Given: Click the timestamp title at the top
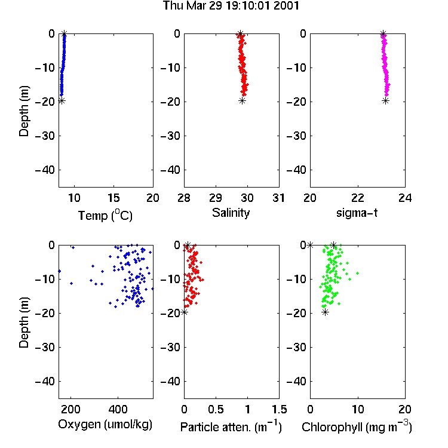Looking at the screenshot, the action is pos(231,6).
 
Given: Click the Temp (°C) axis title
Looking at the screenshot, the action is pos(105,215).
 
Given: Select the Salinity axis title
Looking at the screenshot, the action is pos(231,213).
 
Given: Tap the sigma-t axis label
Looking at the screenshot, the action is pos(357,213).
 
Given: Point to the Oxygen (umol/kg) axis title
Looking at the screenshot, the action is pos(105,425).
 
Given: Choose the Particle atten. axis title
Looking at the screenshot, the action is pos(231,427).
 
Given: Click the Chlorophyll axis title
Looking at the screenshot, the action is pos(357,427).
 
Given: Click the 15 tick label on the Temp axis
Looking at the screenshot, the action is pos(113,198).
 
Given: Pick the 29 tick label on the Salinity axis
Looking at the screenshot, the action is pos(216,198).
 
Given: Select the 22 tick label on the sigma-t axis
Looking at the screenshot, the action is pos(358,198).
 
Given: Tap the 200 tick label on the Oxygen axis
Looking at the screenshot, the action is pos(70,409).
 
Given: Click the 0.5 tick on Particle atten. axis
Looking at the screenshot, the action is pos(216,409).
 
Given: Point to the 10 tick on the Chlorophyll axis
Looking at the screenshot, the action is pos(358,409).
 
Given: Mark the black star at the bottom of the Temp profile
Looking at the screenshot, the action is pos(62,101).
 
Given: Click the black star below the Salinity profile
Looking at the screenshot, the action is pos(243,101).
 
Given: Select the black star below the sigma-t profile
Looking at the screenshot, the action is pos(386,101).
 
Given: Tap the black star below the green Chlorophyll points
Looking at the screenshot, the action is pos(325,312).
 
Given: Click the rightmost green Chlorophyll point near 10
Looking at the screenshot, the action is pos(357,274).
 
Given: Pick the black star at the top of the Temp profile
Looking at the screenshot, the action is pos(65,33).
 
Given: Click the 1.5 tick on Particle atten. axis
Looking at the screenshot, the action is pos(280,409).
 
